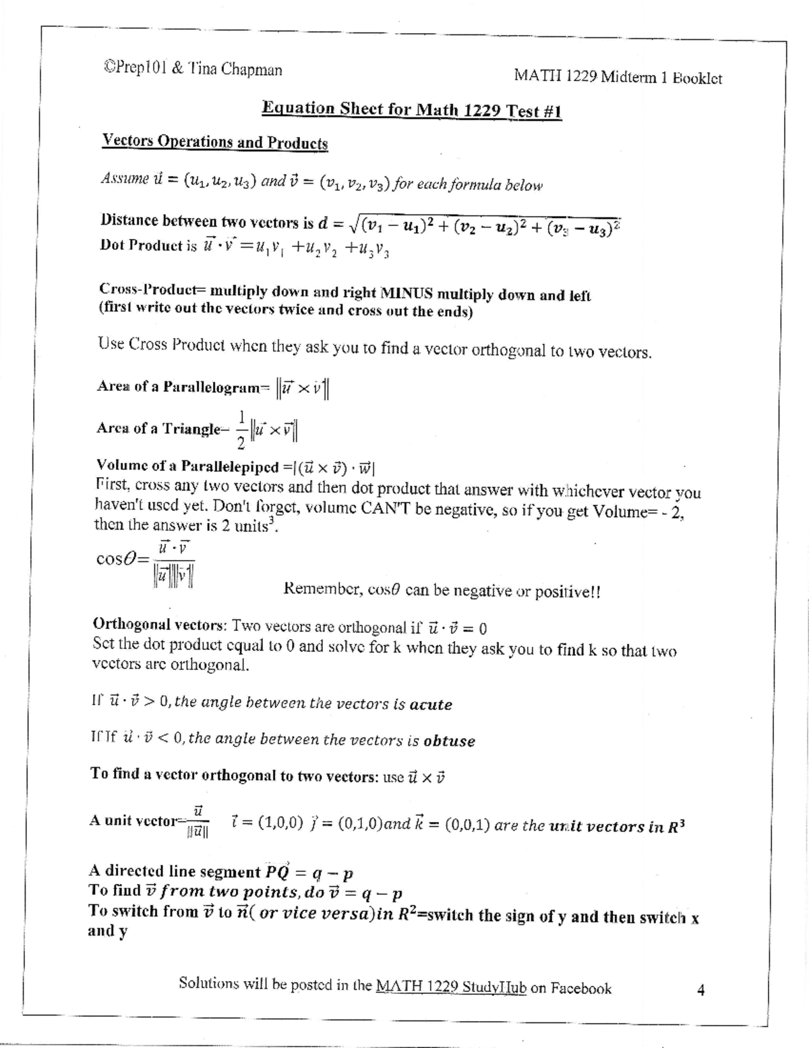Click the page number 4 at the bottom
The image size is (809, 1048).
click(x=701, y=991)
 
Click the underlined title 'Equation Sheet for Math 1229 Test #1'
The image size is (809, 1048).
click(x=411, y=110)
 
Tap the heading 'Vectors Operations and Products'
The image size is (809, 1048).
click(x=214, y=142)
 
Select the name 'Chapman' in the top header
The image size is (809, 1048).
click(x=252, y=69)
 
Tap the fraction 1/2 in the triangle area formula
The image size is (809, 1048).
click(x=241, y=429)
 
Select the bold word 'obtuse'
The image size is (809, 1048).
click(x=449, y=741)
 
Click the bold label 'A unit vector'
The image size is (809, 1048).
click(x=132, y=821)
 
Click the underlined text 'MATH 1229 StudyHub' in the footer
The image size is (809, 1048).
click(x=450, y=987)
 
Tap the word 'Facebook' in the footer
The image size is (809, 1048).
click(x=580, y=989)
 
